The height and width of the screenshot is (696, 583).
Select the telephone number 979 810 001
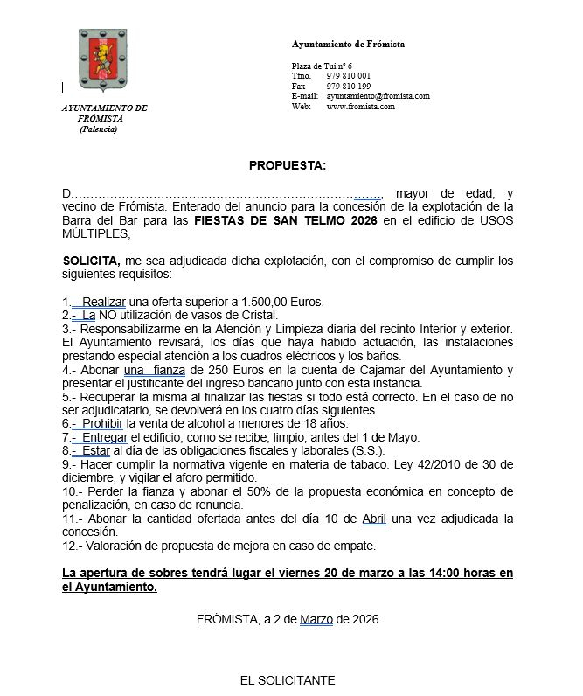pos(348,76)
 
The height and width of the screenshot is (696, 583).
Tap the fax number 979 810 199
pos(348,87)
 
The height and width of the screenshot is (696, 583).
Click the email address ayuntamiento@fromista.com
pos(378,96)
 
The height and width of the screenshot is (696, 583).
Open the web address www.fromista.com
pos(360,107)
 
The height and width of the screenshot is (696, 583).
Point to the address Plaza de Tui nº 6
pos(322,66)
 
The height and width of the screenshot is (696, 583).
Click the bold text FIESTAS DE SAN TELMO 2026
pos(286,221)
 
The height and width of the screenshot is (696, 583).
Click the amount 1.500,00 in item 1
pos(259,302)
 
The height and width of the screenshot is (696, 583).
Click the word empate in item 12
pos(353,546)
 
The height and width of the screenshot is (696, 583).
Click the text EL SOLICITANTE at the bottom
pos(287,680)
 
